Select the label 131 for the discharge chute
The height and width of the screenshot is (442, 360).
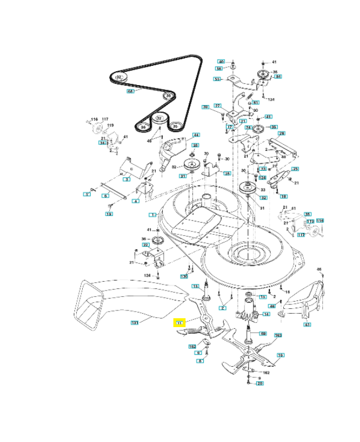[134, 322]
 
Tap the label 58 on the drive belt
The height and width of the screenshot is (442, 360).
[131, 91]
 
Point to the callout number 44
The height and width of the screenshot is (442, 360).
[195, 135]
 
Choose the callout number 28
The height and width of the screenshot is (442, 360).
[281, 133]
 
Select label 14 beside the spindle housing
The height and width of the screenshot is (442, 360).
[266, 314]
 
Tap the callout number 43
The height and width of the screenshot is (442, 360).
[307, 325]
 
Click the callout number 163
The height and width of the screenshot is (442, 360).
[278, 335]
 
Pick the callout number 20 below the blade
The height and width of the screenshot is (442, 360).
[260, 383]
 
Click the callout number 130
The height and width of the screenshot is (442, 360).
[184, 276]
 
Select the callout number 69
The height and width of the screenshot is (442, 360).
[263, 334]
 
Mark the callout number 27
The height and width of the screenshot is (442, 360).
[218, 106]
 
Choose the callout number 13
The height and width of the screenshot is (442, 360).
[195, 286]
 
